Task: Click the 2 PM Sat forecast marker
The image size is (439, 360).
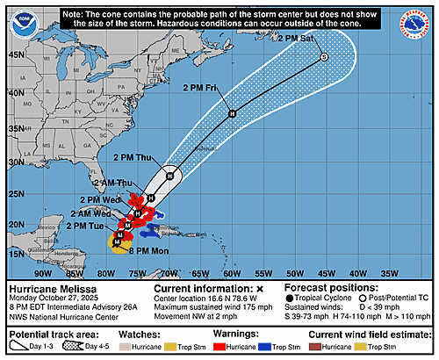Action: click(323, 57)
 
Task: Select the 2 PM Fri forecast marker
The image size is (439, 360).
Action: click(232, 114)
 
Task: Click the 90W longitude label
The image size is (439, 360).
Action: click(33, 273)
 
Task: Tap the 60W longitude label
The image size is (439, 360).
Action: click(232, 273)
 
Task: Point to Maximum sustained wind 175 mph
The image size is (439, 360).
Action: click(214, 306)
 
